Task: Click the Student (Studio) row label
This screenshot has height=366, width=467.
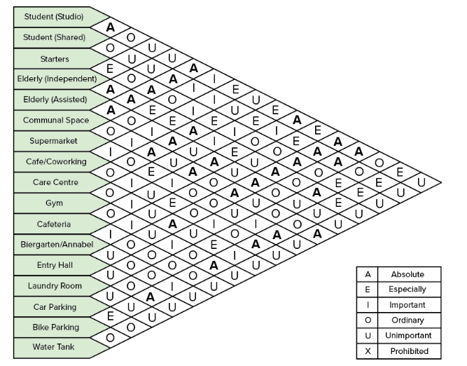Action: click(x=54, y=16)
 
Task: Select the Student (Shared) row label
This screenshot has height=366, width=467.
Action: click(x=54, y=36)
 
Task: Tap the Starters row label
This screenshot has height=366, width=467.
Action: click(x=54, y=57)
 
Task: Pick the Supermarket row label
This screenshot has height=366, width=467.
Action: click(x=54, y=141)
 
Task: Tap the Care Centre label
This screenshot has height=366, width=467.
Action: click(x=54, y=182)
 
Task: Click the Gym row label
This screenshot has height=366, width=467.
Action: click(x=54, y=203)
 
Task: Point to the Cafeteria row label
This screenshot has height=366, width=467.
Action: click(x=54, y=224)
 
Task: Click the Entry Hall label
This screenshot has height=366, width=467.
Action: click(x=54, y=265)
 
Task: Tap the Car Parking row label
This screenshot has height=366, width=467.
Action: click(x=54, y=306)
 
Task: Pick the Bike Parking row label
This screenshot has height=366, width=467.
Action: click(x=54, y=327)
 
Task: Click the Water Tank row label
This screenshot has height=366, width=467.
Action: click(x=54, y=347)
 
